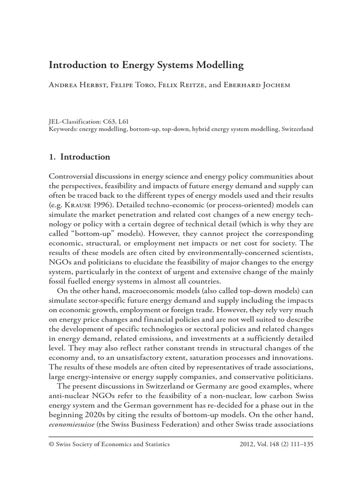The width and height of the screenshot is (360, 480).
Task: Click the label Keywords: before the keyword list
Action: (x=63, y=129)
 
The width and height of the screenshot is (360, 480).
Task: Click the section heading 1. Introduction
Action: (x=79, y=157)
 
